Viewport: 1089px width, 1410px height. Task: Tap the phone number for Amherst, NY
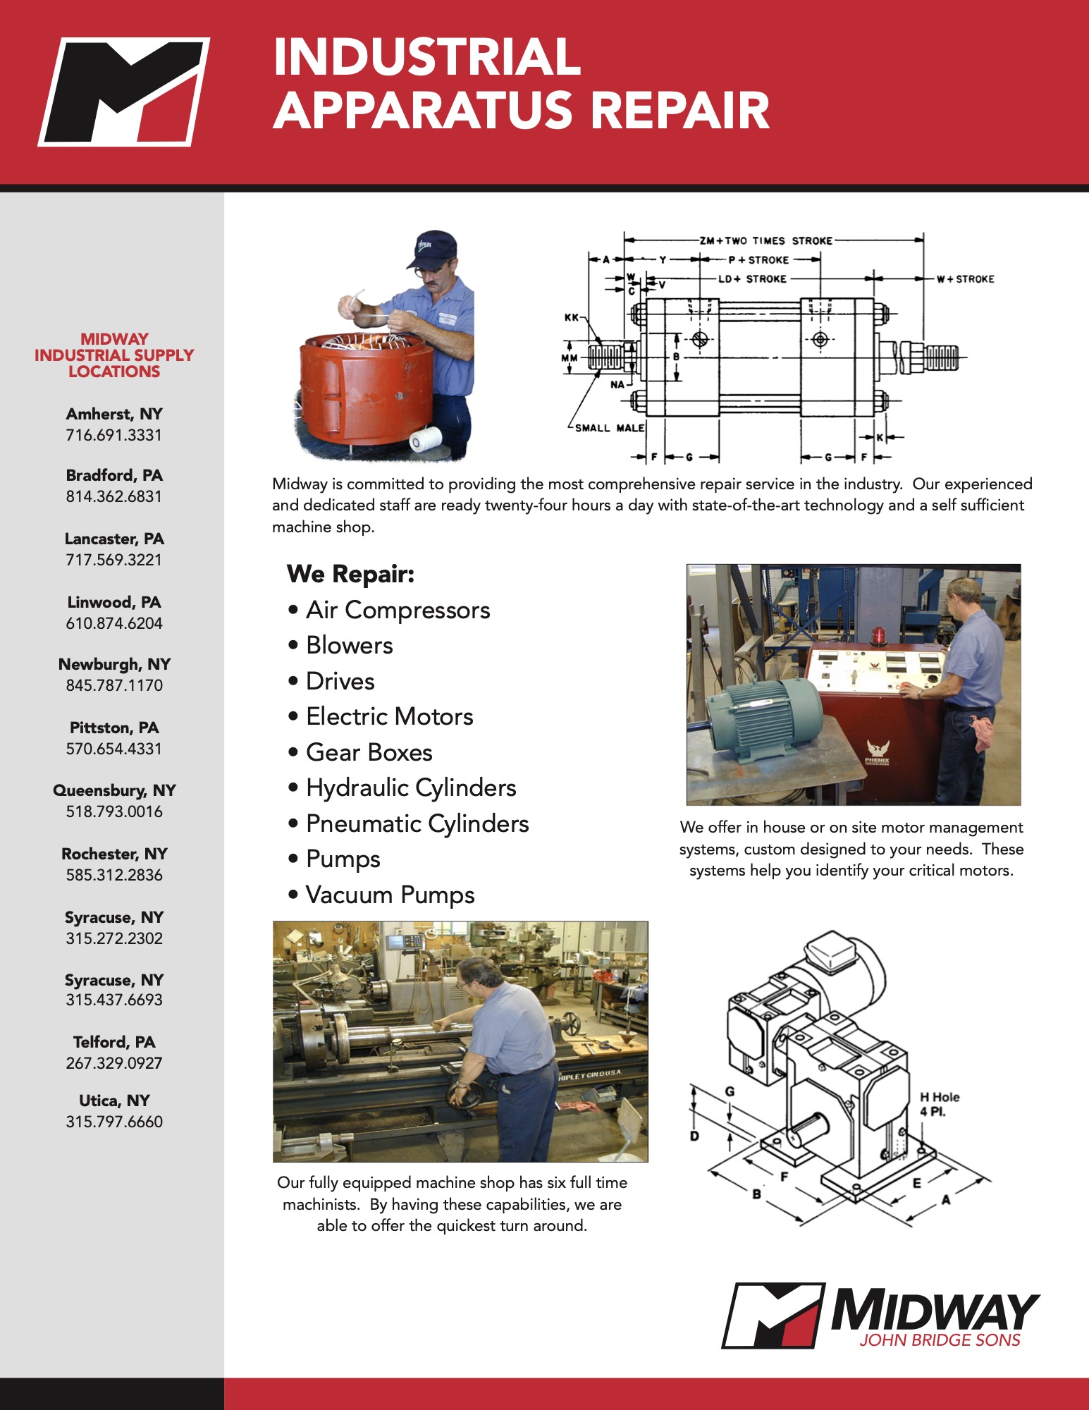[114, 435]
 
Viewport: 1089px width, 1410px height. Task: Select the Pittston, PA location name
[114, 728]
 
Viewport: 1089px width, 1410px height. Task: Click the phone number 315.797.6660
[114, 1122]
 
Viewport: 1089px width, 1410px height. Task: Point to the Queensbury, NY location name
[114, 790]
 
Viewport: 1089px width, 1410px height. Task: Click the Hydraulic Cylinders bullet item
[411, 787]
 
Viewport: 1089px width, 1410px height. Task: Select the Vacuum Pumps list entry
[390, 895]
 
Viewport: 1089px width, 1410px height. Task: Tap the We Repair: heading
[350, 574]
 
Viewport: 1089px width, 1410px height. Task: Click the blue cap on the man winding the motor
[432, 248]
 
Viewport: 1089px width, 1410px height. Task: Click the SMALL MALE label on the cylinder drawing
[610, 428]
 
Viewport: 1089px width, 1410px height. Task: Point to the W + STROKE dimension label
[965, 279]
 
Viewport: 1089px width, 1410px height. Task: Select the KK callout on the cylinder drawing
[571, 317]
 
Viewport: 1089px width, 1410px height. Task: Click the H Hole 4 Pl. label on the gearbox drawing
[939, 1104]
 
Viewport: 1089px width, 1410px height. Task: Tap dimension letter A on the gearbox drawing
[946, 1199]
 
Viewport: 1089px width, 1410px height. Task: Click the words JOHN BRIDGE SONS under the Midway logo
[940, 1340]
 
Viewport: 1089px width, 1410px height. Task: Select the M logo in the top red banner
[124, 92]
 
